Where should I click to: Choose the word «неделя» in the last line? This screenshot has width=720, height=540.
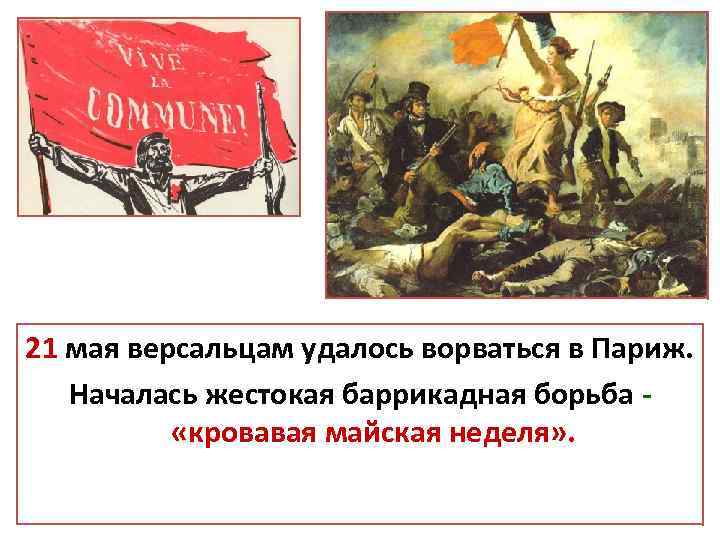516,435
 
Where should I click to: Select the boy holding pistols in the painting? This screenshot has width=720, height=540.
611,150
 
